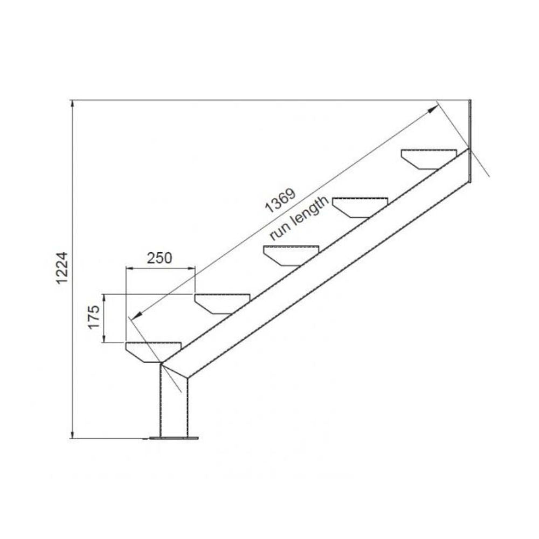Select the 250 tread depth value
159,258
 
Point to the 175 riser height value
94,317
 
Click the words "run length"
299,219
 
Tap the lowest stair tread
153,351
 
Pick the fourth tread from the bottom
360,206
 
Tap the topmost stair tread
429,158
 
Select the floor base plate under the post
174,438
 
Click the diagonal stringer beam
323,269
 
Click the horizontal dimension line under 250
159,268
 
